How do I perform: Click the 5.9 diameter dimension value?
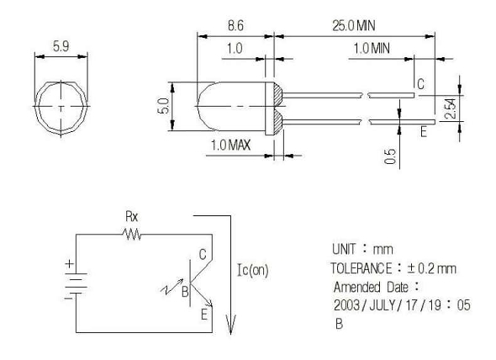click(61, 46)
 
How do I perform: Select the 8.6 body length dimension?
click(235, 25)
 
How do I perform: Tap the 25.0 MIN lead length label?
click(354, 25)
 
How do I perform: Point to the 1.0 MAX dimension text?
click(230, 146)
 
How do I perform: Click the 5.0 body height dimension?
click(163, 106)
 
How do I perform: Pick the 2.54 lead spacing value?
click(450, 109)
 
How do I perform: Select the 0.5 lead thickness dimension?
click(390, 156)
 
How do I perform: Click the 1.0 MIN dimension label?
click(372, 49)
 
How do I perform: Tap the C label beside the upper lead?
click(420, 84)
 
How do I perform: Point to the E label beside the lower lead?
click(424, 131)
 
